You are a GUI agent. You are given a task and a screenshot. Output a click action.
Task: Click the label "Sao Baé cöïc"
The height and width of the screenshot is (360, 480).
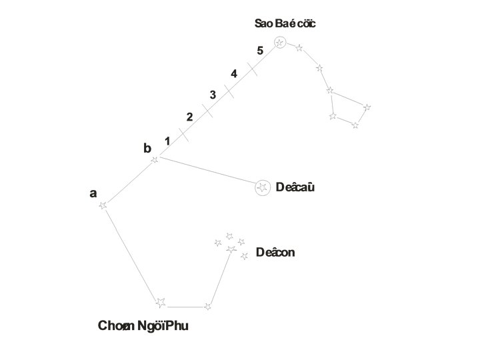click(285, 24)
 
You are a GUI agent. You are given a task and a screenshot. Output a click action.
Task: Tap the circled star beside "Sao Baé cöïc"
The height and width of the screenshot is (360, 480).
click(280, 43)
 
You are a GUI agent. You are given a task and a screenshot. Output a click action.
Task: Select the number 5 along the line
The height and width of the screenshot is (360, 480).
click(260, 51)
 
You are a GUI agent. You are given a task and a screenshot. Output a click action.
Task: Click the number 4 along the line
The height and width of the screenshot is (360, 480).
click(234, 73)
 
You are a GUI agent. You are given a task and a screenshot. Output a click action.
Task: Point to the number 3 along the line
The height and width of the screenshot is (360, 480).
click(213, 95)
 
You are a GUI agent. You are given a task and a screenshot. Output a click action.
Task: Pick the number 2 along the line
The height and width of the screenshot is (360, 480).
click(189, 117)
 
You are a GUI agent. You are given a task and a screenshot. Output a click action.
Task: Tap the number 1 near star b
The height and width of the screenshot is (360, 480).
click(167, 141)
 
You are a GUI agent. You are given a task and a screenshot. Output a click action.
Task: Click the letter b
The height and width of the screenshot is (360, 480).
click(147, 149)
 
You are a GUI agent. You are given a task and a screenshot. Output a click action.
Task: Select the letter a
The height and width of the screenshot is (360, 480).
click(93, 193)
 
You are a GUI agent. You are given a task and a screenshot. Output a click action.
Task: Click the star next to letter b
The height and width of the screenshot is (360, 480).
click(155, 159)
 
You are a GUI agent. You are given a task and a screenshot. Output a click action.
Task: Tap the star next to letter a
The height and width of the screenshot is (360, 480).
click(103, 206)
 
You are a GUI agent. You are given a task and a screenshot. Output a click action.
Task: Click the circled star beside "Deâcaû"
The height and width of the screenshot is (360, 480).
click(263, 187)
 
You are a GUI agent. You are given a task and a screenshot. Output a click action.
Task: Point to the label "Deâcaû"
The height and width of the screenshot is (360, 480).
click(295, 187)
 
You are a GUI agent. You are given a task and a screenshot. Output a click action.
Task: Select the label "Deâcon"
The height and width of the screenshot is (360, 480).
click(275, 253)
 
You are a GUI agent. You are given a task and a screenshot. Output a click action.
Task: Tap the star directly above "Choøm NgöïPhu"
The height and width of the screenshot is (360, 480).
click(160, 303)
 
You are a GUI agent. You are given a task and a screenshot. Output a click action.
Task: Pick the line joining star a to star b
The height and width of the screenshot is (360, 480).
click(129, 183)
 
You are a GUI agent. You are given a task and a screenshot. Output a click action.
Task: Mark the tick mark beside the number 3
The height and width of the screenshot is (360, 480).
click(229, 91)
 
